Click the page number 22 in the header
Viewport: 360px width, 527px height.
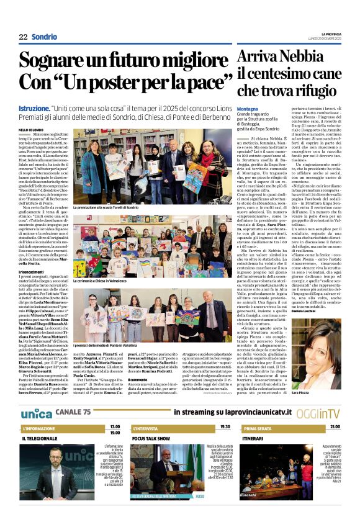click(23, 37)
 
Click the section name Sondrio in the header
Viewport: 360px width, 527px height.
click(44, 37)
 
